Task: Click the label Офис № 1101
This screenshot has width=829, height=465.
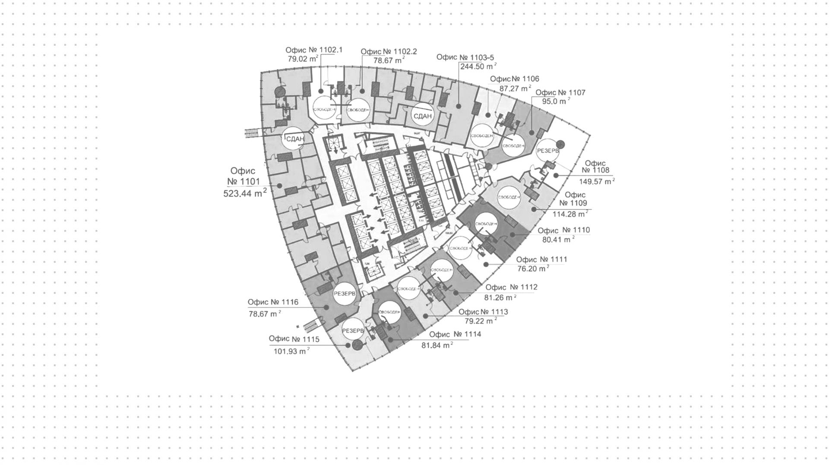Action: pos(244,176)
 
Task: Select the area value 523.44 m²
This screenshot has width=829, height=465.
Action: pos(244,193)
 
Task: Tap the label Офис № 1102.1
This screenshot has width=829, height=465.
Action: pos(314,50)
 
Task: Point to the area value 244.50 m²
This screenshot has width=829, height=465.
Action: pos(478,66)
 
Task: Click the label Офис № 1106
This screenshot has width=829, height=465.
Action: pos(514,79)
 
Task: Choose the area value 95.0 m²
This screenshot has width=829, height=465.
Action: pos(556,102)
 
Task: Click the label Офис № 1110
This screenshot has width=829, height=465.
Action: pos(564,230)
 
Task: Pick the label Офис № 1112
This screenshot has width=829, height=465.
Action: pos(511,287)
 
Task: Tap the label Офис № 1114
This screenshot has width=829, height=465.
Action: pos(455,334)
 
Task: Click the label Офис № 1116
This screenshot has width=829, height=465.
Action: pos(273,302)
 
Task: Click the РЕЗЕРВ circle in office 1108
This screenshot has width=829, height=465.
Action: pos(548,151)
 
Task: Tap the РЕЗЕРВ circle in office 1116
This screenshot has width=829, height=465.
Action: pos(345,294)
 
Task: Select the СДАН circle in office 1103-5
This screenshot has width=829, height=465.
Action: pos(423,116)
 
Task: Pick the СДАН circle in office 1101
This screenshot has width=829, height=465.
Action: pos(293,139)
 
